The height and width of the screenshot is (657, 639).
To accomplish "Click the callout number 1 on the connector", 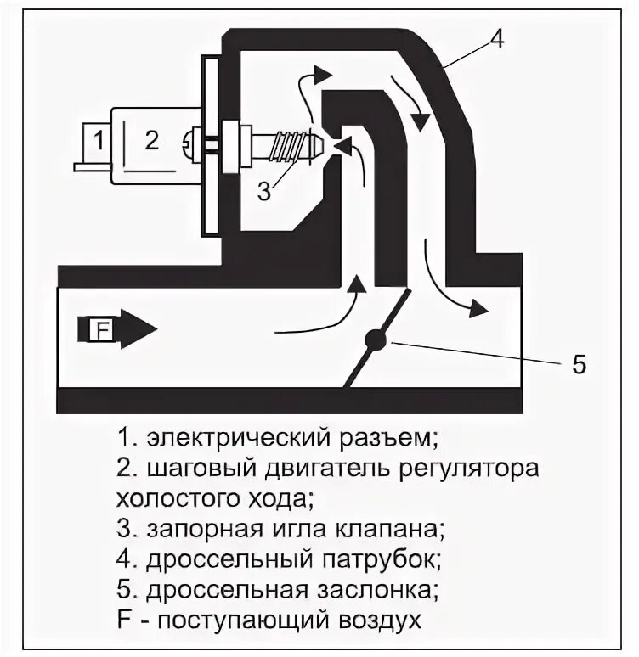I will click(x=99, y=139).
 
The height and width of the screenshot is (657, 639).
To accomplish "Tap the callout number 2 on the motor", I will click(x=151, y=139).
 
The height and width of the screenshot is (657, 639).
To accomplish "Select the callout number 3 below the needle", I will click(x=264, y=192).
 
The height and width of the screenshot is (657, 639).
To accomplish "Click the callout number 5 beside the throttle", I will click(x=579, y=365).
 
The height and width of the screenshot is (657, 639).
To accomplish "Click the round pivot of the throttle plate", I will click(x=375, y=340).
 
